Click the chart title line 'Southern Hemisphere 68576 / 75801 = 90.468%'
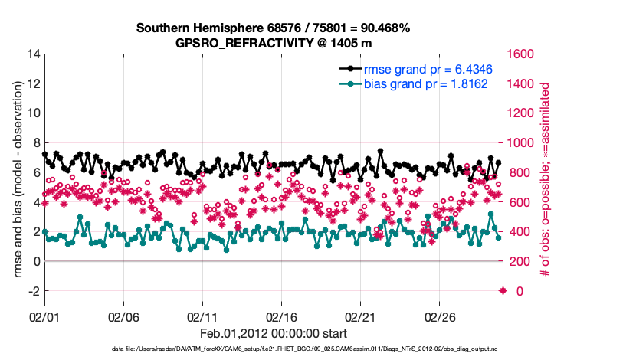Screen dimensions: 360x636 pyautogui.click(x=274, y=28)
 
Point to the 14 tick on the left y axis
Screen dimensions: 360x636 pyautogui.click(x=34, y=54)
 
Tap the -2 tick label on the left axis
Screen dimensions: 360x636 pyautogui.click(x=33, y=291)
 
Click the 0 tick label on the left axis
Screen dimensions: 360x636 pyautogui.click(x=37, y=261)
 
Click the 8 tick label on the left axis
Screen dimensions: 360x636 pyautogui.click(x=37, y=143)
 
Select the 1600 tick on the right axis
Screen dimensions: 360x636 pyautogui.click(x=523, y=54)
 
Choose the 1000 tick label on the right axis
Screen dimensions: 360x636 pyautogui.click(x=523, y=143)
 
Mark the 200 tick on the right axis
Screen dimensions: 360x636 pyautogui.click(x=520, y=261)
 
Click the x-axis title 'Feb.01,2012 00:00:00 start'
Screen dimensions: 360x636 pyautogui.click(x=274, y=334)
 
